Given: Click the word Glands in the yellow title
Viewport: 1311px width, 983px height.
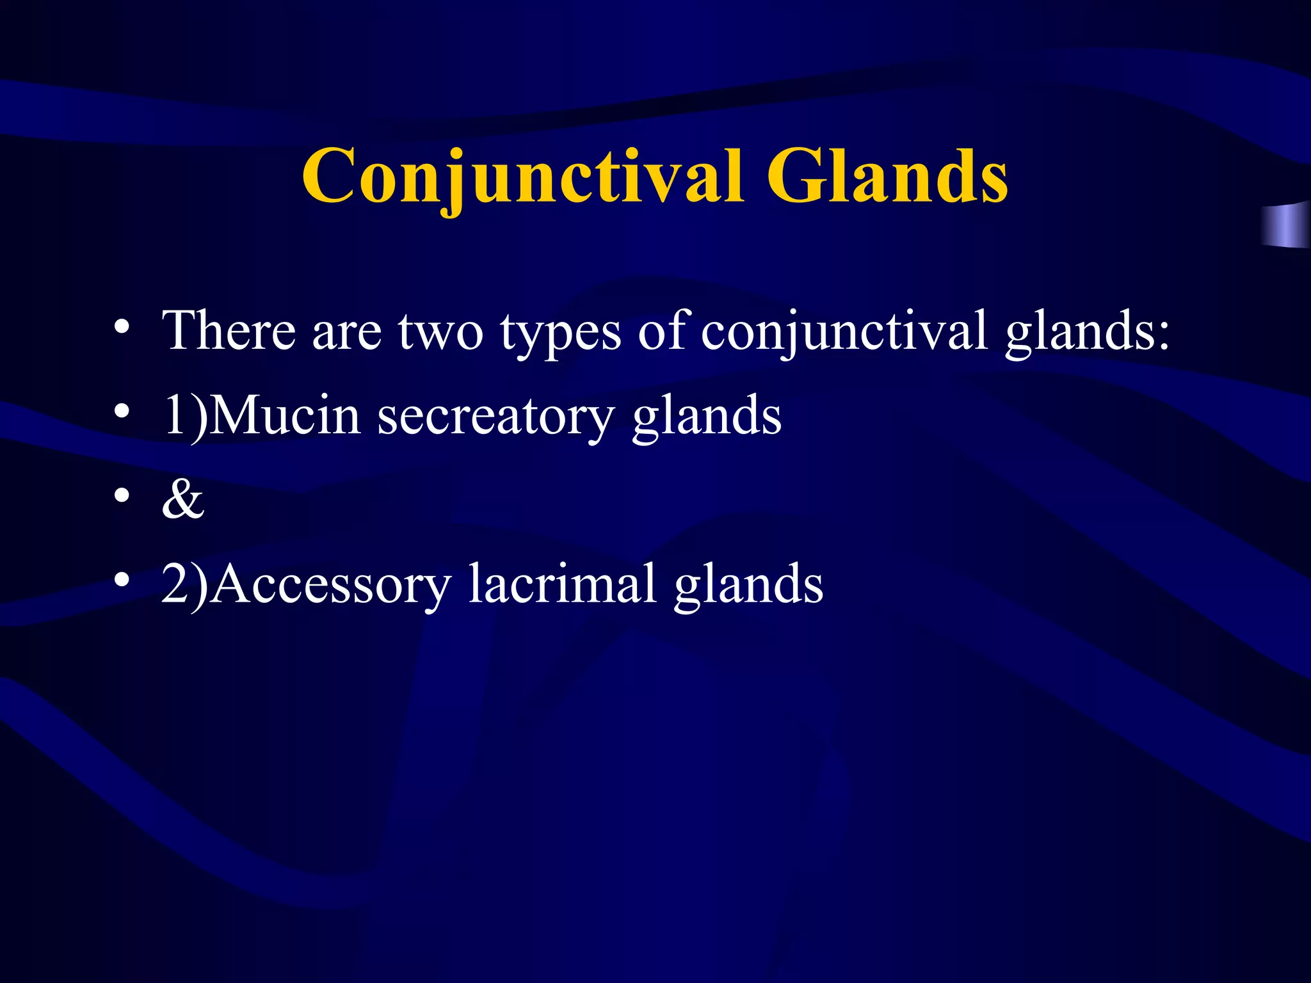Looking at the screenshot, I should tap(887, 176).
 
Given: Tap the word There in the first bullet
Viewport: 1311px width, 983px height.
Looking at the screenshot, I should tap(229, 331).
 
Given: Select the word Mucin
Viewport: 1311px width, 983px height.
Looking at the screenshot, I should tap(284, 417).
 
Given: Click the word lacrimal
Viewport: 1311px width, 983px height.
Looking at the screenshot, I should tap(562, 584).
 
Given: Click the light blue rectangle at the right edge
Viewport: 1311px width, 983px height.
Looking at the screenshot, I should tap(1287, 225).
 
